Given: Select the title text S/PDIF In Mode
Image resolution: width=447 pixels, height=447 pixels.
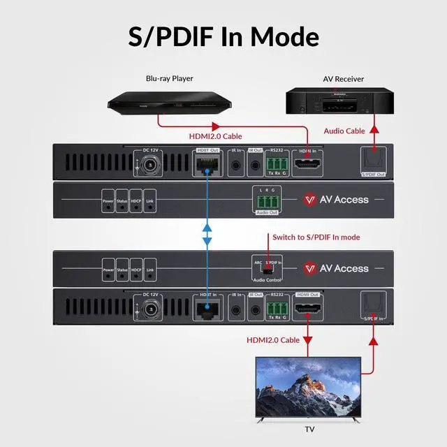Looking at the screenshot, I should tap(223, 36).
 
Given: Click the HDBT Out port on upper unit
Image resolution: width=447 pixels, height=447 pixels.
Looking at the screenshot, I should tap(207, 166).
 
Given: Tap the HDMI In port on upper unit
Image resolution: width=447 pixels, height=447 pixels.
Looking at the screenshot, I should tap(307, 166).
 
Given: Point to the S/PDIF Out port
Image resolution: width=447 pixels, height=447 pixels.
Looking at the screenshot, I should tap(374, 160).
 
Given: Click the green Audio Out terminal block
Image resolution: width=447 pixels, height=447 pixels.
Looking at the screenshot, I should tap(265, 198).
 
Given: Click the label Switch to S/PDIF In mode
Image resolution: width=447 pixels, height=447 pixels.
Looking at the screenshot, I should tap(316, 237).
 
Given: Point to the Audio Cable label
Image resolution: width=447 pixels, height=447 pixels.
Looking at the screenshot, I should tap(345, 131).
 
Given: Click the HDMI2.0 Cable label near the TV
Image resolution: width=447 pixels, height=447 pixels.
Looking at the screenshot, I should tap(273, 340).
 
